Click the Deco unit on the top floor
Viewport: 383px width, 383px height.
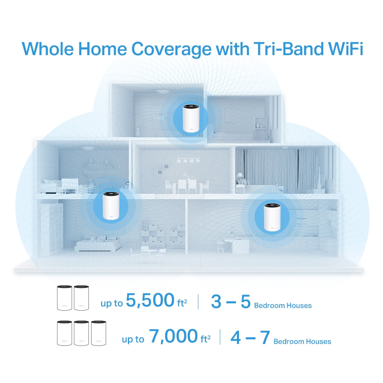(190, 118)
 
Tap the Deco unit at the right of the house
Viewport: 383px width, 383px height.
(272, 217)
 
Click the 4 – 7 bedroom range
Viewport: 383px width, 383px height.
(250, 337)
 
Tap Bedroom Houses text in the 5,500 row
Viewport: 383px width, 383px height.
(283, 306)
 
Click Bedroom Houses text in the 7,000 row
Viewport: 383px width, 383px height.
(302, 341)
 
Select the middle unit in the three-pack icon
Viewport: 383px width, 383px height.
(81, 333)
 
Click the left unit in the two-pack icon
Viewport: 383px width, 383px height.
(64, 298)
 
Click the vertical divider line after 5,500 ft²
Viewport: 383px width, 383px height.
(198, 302)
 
